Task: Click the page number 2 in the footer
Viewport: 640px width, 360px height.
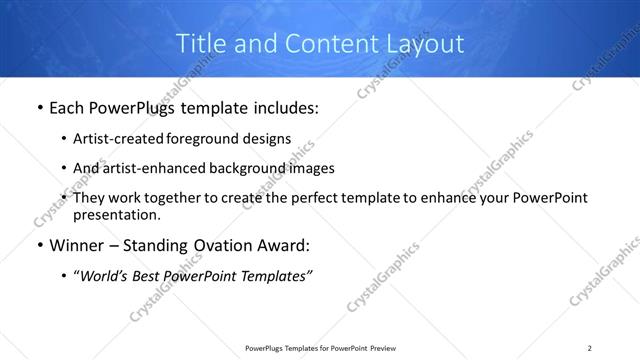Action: [x=589, y=347]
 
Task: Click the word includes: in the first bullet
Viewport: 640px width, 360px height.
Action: [x=282, y=108]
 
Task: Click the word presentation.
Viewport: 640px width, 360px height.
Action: [x=116, y=214]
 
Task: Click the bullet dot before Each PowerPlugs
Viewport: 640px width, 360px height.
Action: [x=39, y=108]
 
